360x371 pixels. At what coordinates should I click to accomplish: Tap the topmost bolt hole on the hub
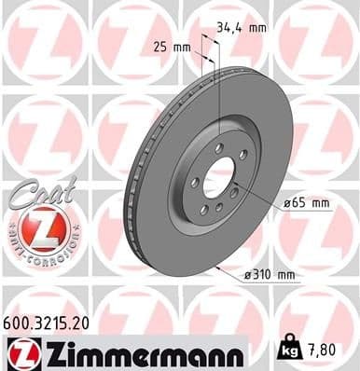click(218, 148)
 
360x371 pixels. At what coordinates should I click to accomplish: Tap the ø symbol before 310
click(247, 274)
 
